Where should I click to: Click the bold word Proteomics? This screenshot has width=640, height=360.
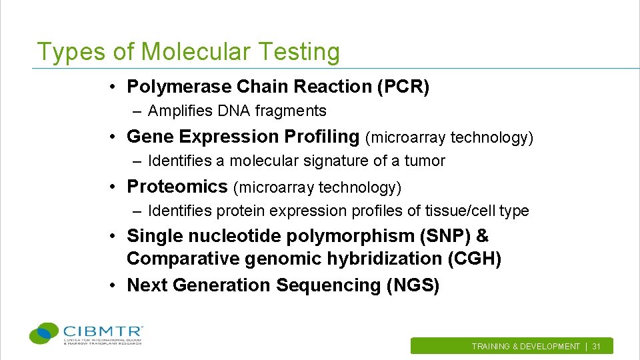[177, 186]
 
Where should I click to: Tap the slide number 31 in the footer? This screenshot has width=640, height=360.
[597, 347]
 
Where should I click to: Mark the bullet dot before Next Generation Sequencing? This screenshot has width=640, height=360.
[115, 285]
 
